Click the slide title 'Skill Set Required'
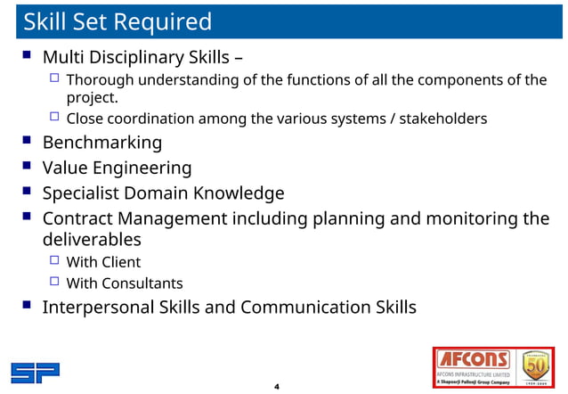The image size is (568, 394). (118, 21)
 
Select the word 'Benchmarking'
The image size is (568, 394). (102, 143)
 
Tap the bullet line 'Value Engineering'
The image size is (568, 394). (117, 168)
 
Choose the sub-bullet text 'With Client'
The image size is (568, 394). (103, 262)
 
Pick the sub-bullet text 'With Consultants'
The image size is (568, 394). (125, 283)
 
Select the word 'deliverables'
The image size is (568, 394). (92, 240)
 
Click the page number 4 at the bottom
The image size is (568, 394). (277, 387)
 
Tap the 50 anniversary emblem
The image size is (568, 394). (536, 366)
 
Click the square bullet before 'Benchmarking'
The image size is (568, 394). (26, 141)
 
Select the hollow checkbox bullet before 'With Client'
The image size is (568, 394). (54, 261)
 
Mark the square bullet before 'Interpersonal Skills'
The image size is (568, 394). (26, 307)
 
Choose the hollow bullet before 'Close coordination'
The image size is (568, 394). (54, 117)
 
